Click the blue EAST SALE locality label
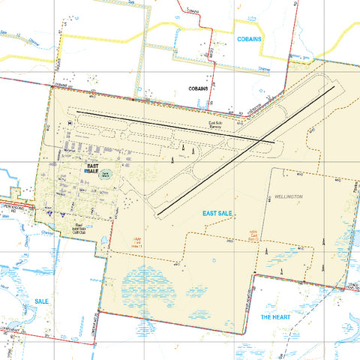pyautogui.click(x=217, y=214)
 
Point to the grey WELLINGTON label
pyautogui.click(x=289, y=196)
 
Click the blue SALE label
pyautogui.click(x=41, y=301)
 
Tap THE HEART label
pyautogui.click(x=275, y=318)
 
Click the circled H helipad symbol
pyautogui.click(x=70, y=122)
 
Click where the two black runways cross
pyautogui.click(x=262, y=139)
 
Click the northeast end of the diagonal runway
pyautogui.click(x=334, y=86)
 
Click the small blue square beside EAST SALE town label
pyautogui.click(x=87, y=172)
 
